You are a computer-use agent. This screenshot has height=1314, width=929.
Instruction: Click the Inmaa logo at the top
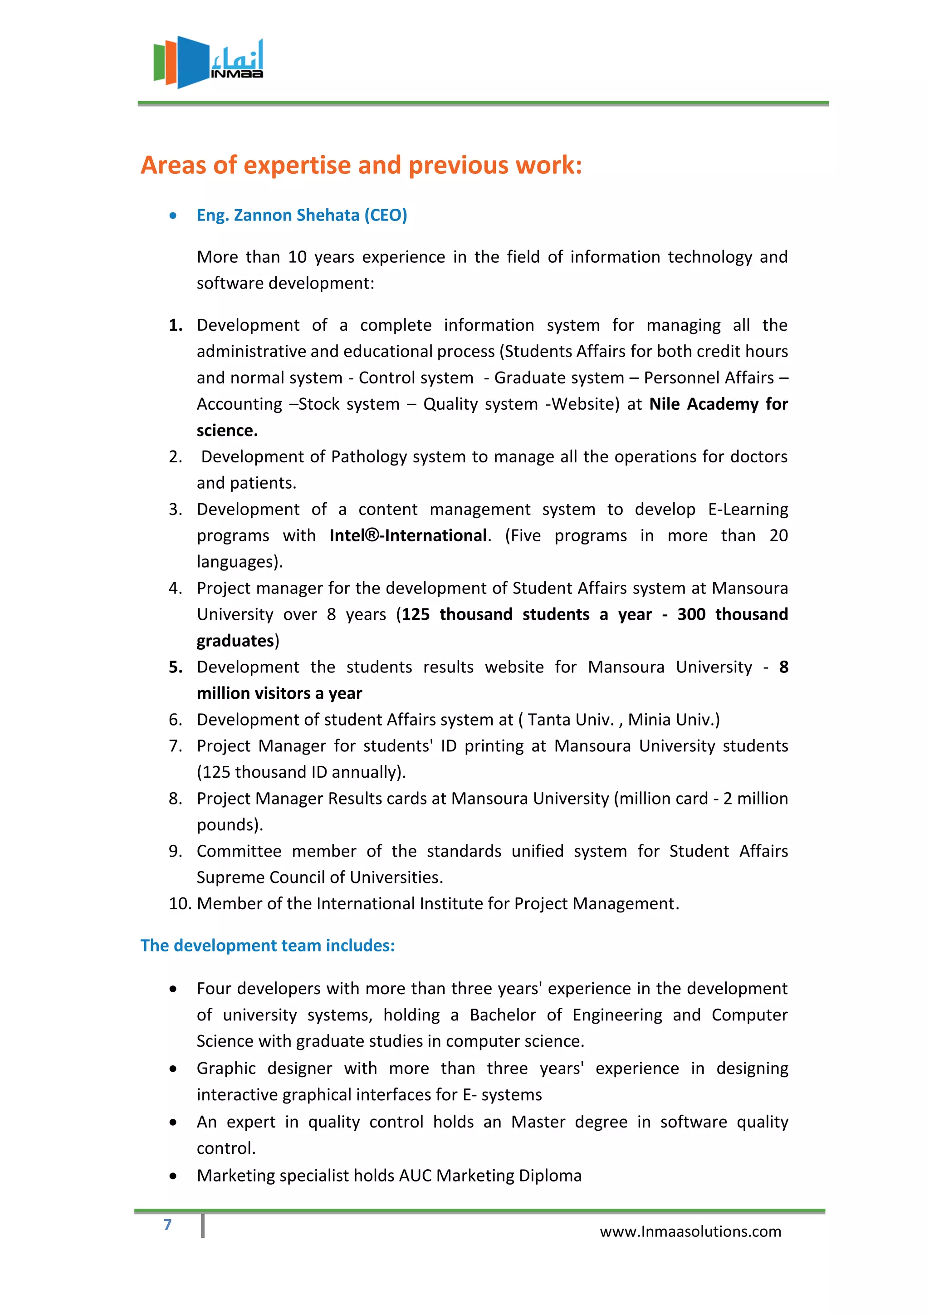pyautogui.click(x=208, y=62)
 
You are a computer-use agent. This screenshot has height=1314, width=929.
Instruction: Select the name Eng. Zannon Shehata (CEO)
pyautogui.click(x=302, y=215)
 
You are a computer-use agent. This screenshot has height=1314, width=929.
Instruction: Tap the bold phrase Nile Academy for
pyautogui.click(x=718, y=404)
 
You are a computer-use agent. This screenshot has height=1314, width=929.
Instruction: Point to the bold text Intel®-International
pyautogui.click(x=408, y=536)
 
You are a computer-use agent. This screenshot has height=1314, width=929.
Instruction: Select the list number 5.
pyautogui.click(x=175, y=667)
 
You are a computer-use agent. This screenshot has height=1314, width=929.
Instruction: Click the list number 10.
pyautogui.click(x=179, y=904)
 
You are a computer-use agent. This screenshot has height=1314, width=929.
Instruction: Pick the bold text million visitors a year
pyautogui.click(x=279, y=694)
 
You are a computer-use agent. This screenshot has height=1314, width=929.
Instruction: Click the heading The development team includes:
pyautogui.click(x=268, y=946)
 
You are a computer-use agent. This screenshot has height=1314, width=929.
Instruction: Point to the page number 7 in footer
pyautogui.click(x=167, y=1225)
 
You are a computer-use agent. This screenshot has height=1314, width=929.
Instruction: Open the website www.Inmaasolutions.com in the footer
pyautogui.click(x=690, y=1231)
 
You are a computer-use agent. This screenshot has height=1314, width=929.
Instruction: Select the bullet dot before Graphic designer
pyautogui.click(x=173, y=1069)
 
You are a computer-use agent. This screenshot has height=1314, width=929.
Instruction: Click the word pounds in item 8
pyautogui.click(x=227, y=825)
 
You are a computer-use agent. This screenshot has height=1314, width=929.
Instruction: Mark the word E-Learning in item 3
pyautogui.click(x=748, y=510)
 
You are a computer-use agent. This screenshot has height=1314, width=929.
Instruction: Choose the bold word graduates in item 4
pyautogui.click(x=235, y=641)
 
